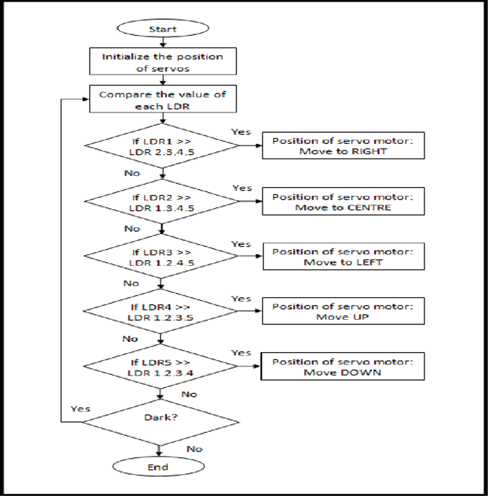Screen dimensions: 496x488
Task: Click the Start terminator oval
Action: tap(163, 29)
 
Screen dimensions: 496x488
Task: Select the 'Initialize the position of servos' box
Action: tap(163, 62)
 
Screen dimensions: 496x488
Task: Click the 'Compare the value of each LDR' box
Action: tap(163, 100)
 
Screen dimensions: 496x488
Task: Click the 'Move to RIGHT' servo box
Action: tap(342, 145)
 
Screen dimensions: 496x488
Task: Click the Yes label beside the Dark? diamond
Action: tap(80, 408)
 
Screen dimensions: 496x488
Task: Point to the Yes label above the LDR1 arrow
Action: tap(241, 132)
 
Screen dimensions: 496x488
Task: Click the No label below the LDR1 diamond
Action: tap(132, 174)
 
